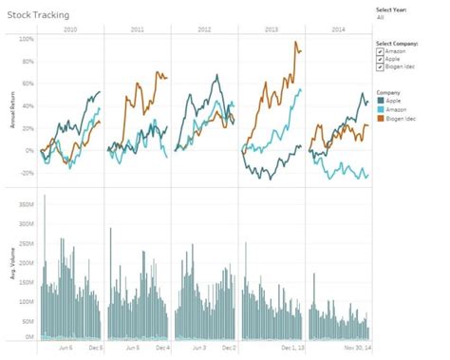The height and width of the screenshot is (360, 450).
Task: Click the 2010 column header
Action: [x=70, y=30]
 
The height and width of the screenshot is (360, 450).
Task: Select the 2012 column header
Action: [x=204, y=30]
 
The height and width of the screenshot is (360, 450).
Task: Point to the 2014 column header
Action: [x=338, y=30]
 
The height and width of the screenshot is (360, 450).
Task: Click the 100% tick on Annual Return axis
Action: [x=26, y=40]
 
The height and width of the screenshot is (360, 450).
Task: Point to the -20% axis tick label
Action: [x=26, y=173]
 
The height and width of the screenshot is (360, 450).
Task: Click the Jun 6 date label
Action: [x=66, y=349]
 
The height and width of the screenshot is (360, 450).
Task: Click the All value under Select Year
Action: [x=381, y=17]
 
